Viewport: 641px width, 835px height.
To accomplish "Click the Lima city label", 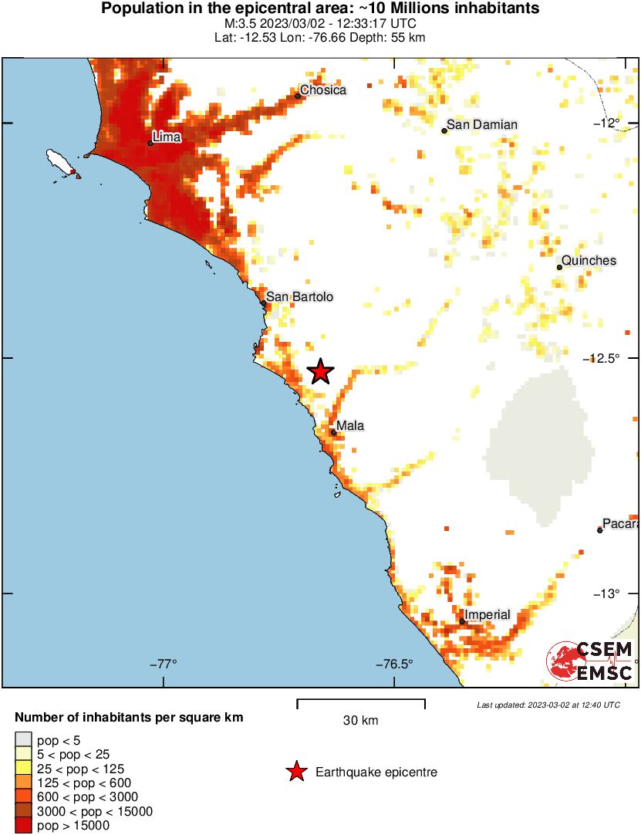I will [167, 137].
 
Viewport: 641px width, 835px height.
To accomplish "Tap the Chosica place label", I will [323, 90].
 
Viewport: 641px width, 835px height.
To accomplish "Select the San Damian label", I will [483, 124].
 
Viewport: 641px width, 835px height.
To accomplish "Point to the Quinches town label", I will [589, 261].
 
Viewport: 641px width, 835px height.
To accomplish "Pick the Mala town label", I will [349, 426].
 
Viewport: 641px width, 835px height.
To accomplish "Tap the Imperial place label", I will [487, 615].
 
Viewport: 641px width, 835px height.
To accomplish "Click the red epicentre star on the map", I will [321, 372].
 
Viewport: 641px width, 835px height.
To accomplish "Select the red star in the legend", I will [296, 772].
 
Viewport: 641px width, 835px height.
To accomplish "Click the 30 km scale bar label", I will [360, 721].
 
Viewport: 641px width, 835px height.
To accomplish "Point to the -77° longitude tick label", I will [163, 664].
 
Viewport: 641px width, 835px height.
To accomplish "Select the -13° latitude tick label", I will [606, 593].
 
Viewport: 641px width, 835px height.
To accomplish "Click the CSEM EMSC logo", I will [590, 661].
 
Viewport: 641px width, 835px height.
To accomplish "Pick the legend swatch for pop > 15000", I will [24, 826].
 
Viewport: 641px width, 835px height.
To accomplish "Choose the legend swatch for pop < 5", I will [24, 740].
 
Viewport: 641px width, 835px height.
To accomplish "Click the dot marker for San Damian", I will [444, 130].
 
